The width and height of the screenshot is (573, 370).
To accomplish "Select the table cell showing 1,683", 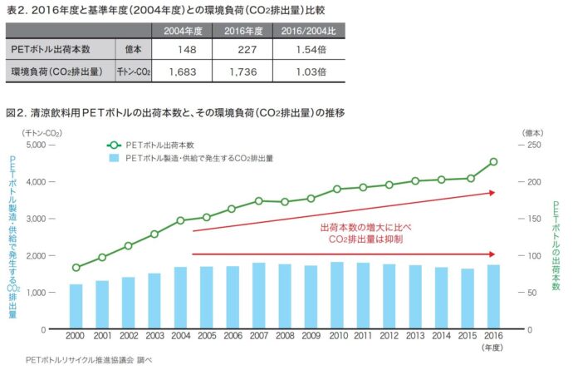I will pyautogui.click(x=179, y=72).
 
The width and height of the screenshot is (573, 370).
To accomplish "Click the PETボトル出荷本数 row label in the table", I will pyautogui.click(x=51, y=51).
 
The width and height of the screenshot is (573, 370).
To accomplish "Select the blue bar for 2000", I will pyautogui.click(x=76, y=307).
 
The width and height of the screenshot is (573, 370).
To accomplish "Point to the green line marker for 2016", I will pyautogui.click(x=493, y=162).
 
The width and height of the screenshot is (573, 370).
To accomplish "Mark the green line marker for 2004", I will pyautogui.click(x=180, y=220).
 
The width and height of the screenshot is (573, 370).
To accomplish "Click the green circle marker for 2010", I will pyautogui.click(x=337, y=189).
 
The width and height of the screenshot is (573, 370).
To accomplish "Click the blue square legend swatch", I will pyautogui.click(x=113, y=157).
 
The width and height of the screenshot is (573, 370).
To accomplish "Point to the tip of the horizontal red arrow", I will pyautogui.click(x=497, y=254).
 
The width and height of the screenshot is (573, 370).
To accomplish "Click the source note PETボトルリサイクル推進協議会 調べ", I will pyautogui.click(x=78, y=361).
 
